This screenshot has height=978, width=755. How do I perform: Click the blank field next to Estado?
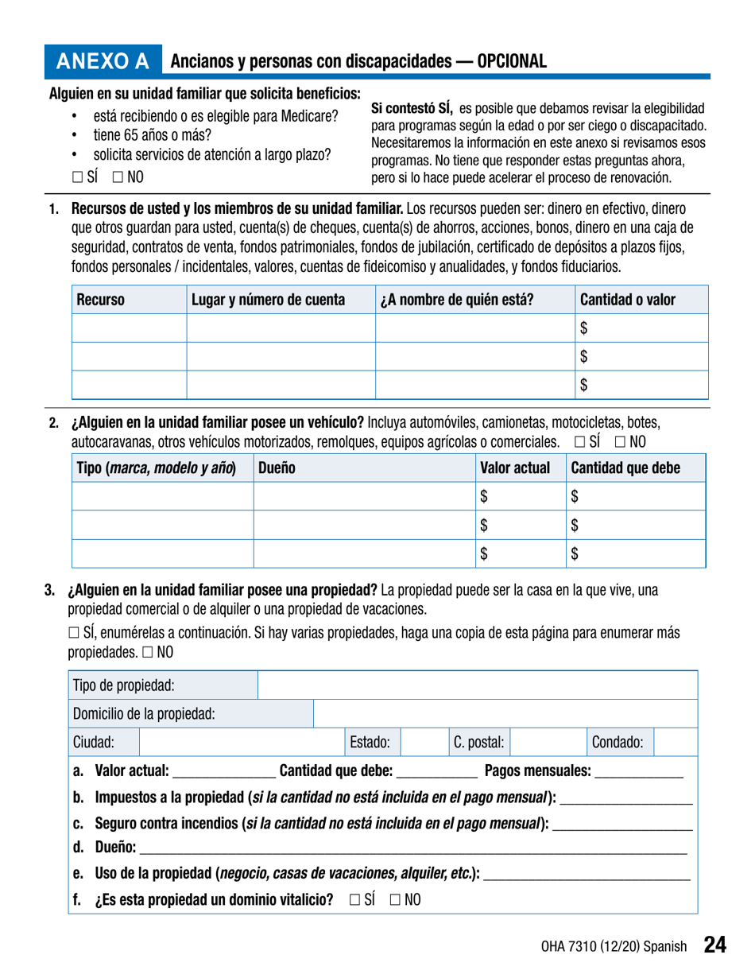tap(420, 742)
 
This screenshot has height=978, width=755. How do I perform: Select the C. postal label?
tap(479, 742)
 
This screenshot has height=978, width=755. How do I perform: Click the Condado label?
tap(617, 742)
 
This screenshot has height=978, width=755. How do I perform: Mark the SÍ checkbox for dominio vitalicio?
tap(354, 900)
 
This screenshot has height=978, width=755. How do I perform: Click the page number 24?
tap(714, 945)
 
